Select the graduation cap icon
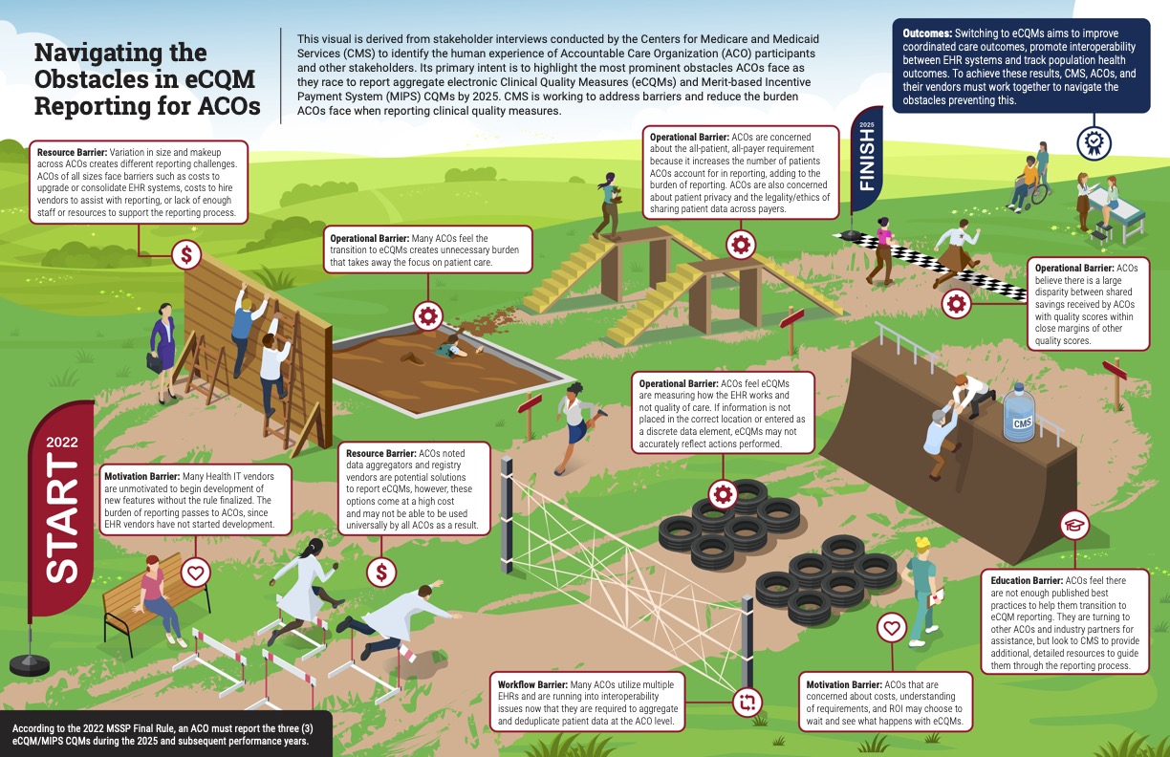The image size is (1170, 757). pyautogui.click(x=1075, y=524)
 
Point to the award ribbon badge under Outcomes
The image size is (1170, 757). pyautogui.click(x=1093, y=142)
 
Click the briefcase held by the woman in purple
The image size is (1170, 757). pyautogui.click(x=153, y=363)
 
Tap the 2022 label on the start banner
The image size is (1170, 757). pyautogui.click(x=62, y=443)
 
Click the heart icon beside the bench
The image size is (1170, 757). pyautogui.click(x=196, y=573)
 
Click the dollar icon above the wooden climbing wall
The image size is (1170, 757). pyautogui.click(x=186, y=255)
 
